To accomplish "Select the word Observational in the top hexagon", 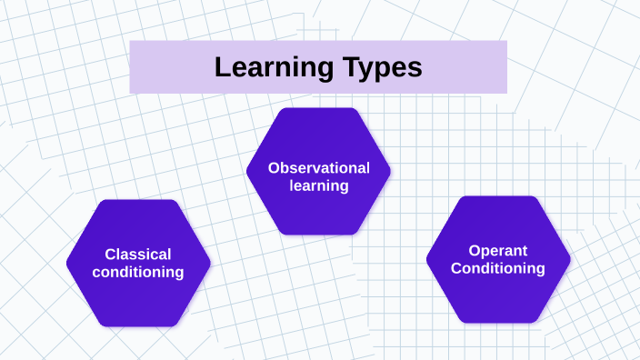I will [x=318, y=167].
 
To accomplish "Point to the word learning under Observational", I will [x=319, y=185].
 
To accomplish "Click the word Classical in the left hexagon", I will [x=138, y=255].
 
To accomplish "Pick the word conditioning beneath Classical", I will [x=138, y=272].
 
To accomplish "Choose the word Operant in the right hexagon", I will [x=498, y=251].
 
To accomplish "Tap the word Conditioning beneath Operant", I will [x=498, y=268].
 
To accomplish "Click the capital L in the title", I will [x=221, y=67].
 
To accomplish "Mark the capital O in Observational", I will [x=273, y=167].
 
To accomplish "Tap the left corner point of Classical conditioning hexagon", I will [x=67, y=264].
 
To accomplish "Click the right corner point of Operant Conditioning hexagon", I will [x=571, y=260].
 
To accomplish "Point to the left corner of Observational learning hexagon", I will [x=247, y=171].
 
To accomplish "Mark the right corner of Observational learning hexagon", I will [x=391, y=171].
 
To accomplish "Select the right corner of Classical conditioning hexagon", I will [x=210, y=264].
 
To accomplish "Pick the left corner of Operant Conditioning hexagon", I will [x=427, y=260].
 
